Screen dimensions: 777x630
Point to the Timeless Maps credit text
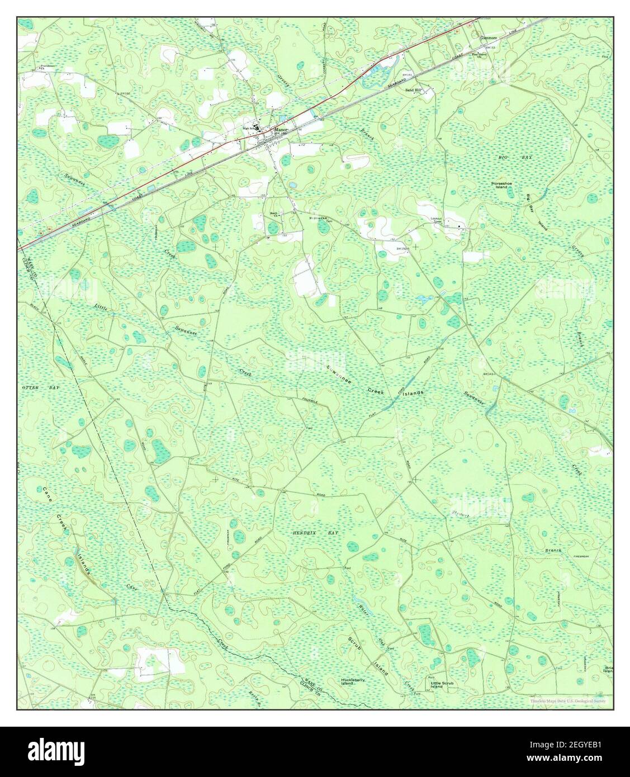(x=570, y=701)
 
